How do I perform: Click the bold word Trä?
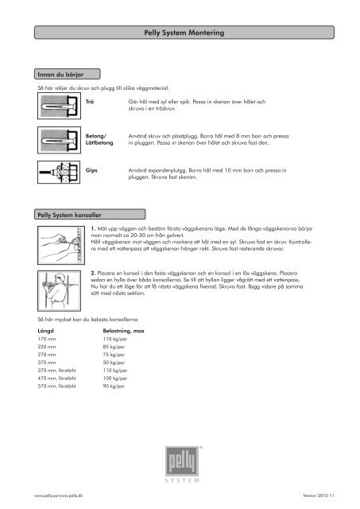point(89,103)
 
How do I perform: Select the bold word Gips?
point(91,170)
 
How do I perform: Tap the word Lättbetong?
point(99,142)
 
